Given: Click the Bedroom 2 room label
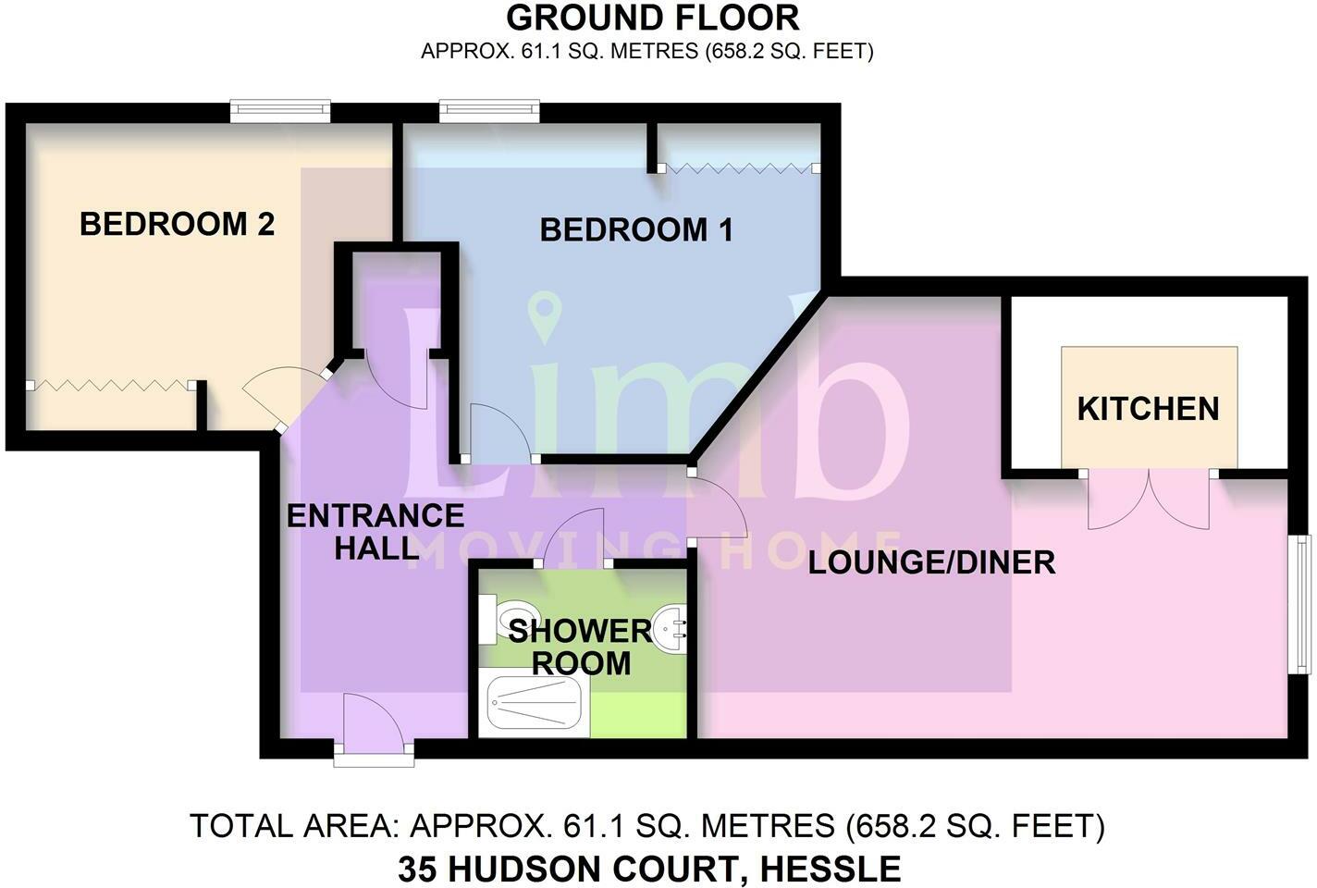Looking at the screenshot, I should (177, 224).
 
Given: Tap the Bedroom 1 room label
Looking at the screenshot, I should (636, 229).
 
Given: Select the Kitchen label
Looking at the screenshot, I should (1148, 409).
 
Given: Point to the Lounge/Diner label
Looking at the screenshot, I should (931, 562).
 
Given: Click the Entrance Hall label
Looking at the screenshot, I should (375, 531).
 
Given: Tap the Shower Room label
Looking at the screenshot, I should (580, 647).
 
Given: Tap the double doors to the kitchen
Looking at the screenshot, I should (1148, 499).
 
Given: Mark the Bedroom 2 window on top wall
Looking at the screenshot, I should (280, 111).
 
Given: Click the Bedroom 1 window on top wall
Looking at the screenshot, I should (489, 111).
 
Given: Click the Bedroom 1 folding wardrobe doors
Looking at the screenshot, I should (740, 168).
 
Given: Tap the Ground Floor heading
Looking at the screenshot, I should (652, 18).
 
